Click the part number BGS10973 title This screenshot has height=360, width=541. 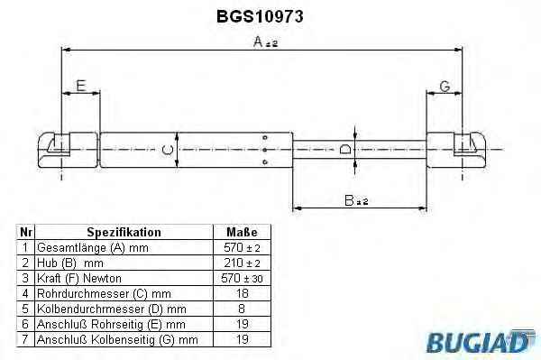tap(260, 16)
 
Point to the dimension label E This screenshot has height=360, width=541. tap(81, 86)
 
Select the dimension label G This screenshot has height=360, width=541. tap(445, 87)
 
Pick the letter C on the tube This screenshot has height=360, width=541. tap(168, 150)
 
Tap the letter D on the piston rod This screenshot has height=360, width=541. tap(345, 149)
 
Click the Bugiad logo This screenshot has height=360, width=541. tap(481, 341)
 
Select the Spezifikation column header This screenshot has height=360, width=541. tap(124, 232)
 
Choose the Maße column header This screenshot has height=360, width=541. tap(242, 232)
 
